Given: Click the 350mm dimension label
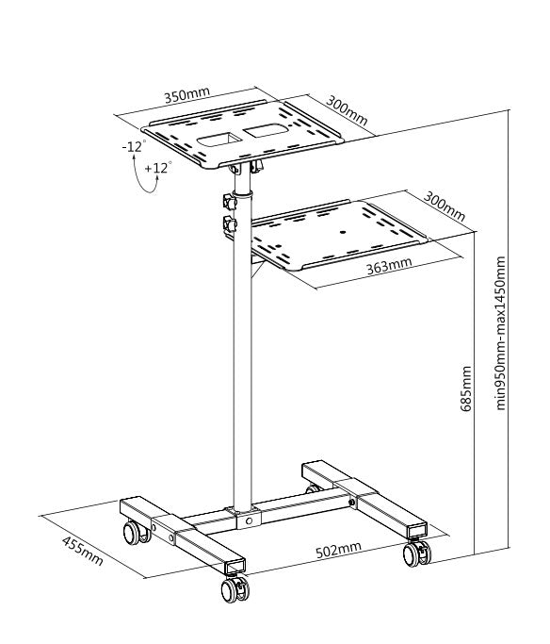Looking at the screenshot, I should coord(187,96).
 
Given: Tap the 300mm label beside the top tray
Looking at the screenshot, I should coord(347,110).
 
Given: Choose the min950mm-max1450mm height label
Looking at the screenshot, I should coord(501,333).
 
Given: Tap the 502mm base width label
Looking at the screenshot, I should coord(338,548).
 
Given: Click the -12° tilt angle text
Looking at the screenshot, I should coord(133,146).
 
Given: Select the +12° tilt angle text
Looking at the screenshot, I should coord(158,168).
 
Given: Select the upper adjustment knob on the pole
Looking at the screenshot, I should coord(229,202).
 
